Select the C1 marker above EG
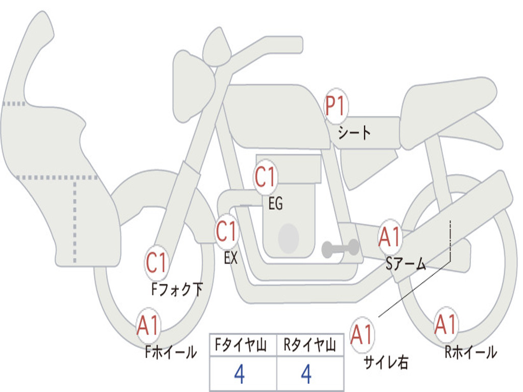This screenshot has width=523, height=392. coord(266,177)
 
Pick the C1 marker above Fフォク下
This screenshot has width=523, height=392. coord(157,263)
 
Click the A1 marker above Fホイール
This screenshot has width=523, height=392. coord(148,325)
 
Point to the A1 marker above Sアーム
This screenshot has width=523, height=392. coord(390,237)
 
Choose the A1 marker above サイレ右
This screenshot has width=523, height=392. coord(362,334)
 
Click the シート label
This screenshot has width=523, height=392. coord(354,133)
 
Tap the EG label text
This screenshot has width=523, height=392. coord(276,203)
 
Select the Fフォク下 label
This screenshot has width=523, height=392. coord(177,289)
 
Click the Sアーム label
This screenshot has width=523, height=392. coord(406,264)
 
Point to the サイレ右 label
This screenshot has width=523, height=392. coord(386,362)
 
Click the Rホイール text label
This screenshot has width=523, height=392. coord(471,352)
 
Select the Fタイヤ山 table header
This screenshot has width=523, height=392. coord(241,345)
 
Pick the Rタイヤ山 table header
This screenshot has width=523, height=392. coord(310,345)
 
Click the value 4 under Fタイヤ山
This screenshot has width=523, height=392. coord(240,374)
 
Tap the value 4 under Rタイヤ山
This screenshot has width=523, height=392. coord(306,374)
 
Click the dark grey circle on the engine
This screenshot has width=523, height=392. coord(289,239)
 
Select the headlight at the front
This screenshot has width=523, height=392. coord(194,89)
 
